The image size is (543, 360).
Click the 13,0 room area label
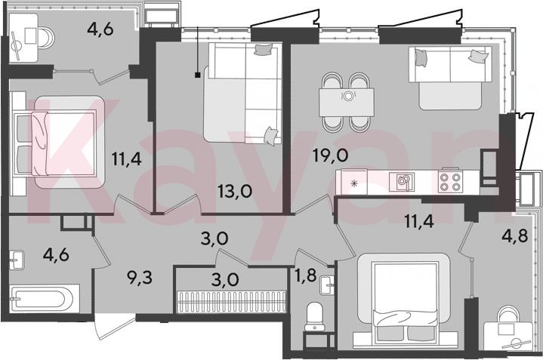pyautogui.click(x=235, y=191)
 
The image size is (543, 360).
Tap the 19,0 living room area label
pyautogui.click(x=330, y=155)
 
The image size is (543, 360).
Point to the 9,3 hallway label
pyautogui.click(x=140, y=278)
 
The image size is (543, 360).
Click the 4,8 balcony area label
pyautogui.click(x=515, y=236)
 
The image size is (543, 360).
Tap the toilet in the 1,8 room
pyautogui.click(x=314, y=316)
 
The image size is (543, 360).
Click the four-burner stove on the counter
pyautogui.click(x=450, y=182)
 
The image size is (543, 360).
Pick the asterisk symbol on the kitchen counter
pyautogui.click(x=353, y=183)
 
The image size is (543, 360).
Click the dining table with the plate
pyautogui.click(x=347, y=102)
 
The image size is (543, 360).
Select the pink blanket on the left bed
pyautogui.click(x=39, y=143)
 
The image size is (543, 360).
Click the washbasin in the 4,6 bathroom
pyautogui.click(x=17, y=260)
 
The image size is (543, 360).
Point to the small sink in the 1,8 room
pyautogui.click(x=327, y=285)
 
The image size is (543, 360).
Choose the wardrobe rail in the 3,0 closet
pyautogui.click(x=232, y=302)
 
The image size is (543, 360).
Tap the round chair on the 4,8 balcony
pyautogui.click(x=508, y=316)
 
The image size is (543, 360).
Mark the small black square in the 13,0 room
pyautogui.click(x=197, y=75)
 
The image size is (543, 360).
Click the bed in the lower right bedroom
pyautogui.click(x=404, y=300)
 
